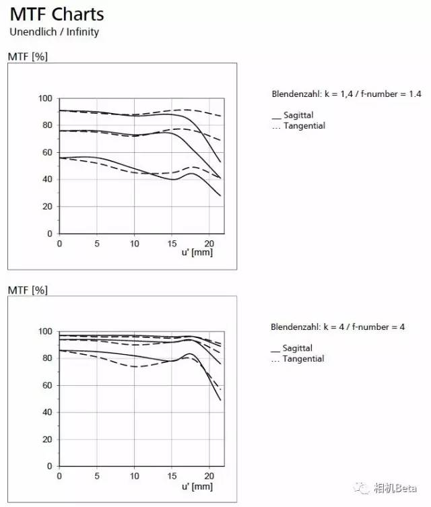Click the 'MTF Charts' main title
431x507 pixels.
[x=57, y=14]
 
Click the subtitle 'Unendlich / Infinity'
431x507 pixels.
[x=55, y=32]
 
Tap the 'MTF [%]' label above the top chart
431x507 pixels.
[x=28, y=57]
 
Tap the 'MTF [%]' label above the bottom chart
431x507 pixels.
[x=28, y=290]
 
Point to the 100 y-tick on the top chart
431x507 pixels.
[x=45, y=98]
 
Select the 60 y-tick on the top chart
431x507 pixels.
[x=47, y=152]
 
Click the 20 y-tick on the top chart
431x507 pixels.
[x=47, y=206]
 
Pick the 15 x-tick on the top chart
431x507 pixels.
[x=172, y=244]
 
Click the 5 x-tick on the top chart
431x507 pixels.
[x=97, y=244]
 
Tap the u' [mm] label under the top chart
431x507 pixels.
[x=197, y=252]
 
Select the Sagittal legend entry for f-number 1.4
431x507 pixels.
[x=293, y=114]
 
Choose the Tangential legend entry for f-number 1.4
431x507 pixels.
[x=298, y=125]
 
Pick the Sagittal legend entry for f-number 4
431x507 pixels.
[x=292, y=348]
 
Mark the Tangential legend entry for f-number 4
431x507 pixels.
[x=298, y=359]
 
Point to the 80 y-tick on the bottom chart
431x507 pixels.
[x=47, y=358]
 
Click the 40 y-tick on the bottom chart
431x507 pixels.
[x=47, y=412]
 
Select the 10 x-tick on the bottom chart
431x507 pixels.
[x=135, y=476]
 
